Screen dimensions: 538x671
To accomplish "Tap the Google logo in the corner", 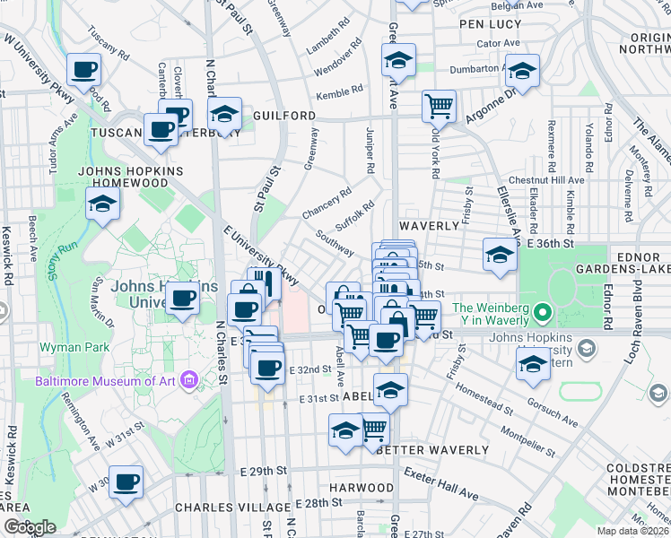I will coord(30,527).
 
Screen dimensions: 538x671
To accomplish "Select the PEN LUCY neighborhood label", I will coord(490,24).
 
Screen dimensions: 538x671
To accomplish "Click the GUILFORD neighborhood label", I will coord(284,117).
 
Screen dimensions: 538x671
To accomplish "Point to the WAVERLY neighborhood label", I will coord(430,226).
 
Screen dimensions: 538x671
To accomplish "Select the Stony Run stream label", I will coord(57,261).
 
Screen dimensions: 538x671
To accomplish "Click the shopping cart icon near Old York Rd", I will coord(438,106).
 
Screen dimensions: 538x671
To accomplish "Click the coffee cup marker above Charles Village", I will coord(125,482).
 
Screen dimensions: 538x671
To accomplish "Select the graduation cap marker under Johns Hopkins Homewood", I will coord(103,204).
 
